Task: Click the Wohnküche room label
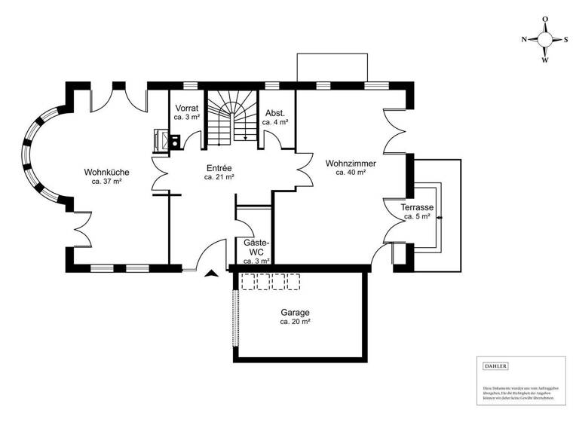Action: [106, 172]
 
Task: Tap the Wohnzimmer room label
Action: [351, 163]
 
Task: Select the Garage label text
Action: [296, 312]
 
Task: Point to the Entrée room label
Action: [219, 168]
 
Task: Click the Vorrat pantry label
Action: [186, 108]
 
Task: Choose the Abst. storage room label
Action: [274, 112]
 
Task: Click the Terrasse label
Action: [417, 207]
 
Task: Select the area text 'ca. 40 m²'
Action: [351, 173]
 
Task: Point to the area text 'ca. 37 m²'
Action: [106, 182]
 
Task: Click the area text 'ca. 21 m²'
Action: [219, 178]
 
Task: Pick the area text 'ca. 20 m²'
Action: [296, 322]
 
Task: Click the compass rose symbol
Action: [545, 41]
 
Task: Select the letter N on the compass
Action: [524, 41]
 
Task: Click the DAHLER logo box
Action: [495, 366]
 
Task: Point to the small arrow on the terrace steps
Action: [439, 218]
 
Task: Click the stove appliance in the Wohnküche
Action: [161, 139]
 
